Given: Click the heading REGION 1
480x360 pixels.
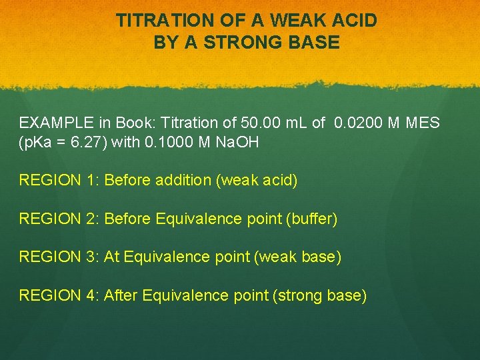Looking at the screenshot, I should [58, 180].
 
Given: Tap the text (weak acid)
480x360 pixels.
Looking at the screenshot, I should [257, 180].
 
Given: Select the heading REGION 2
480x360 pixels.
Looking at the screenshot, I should [58, 219].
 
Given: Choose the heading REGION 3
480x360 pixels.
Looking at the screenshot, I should [58, 257].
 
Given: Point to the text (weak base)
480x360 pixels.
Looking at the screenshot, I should [297, 257].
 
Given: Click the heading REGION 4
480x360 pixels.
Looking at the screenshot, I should [58, 295].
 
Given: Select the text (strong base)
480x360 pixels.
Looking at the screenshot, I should [320, 295].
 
